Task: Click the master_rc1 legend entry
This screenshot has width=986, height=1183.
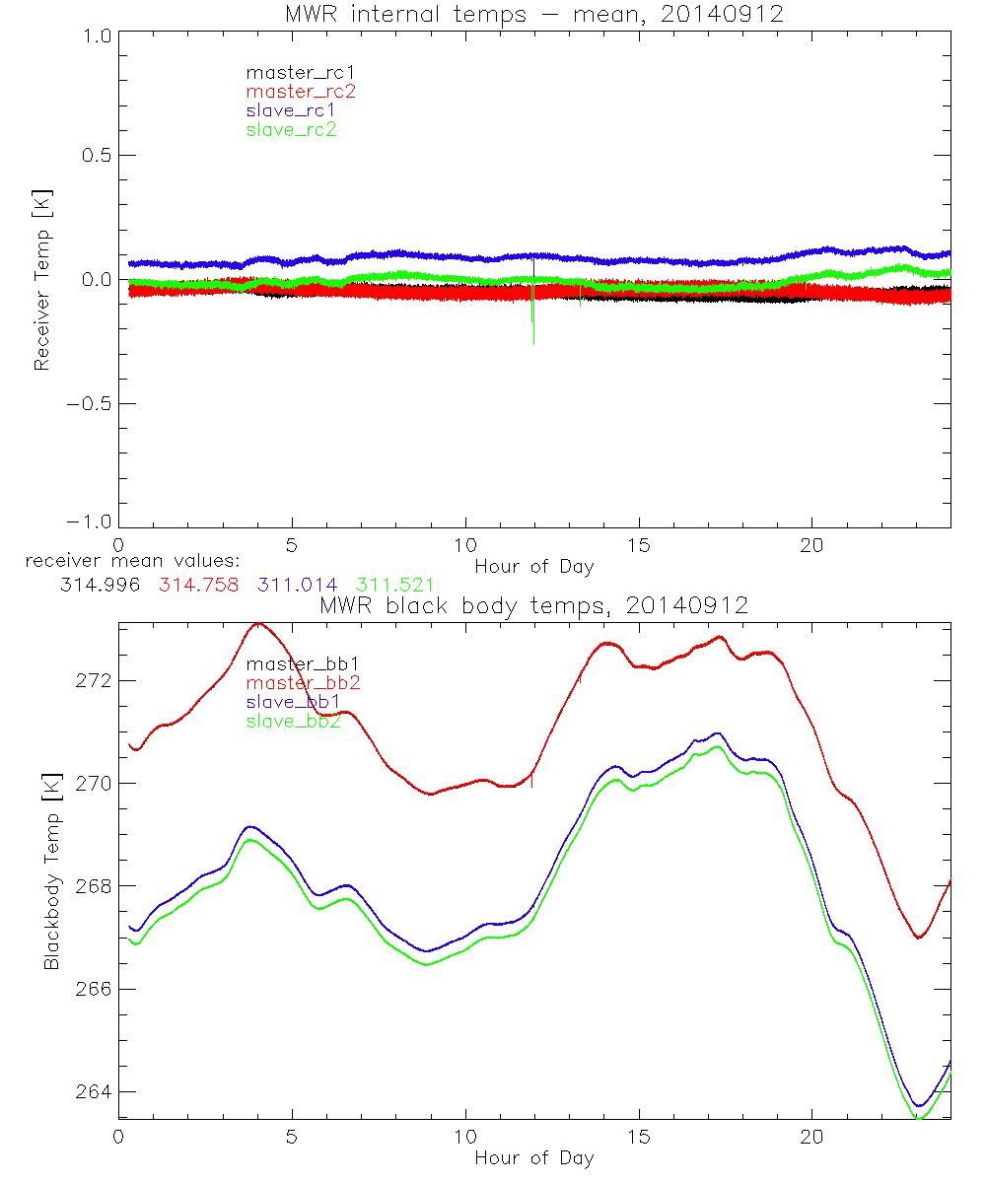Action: click(x=290, y=72)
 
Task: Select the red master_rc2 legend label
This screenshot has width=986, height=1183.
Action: click(x=301, y=91)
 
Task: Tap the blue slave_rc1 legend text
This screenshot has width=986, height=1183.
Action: click(x=292, y=109)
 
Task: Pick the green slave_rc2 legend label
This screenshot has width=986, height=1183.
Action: click(x=292, y=129)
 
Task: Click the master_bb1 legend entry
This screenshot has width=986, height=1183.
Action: click(x=294, y=663)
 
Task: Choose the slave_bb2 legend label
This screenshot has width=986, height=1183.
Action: click(x=294, y=722)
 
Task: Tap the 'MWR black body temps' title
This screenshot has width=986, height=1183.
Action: click(x=533, y=605)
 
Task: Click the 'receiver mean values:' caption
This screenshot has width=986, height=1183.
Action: click(x=125, y=561)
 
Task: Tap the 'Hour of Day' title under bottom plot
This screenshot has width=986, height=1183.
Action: click(x=533, y=1157)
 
